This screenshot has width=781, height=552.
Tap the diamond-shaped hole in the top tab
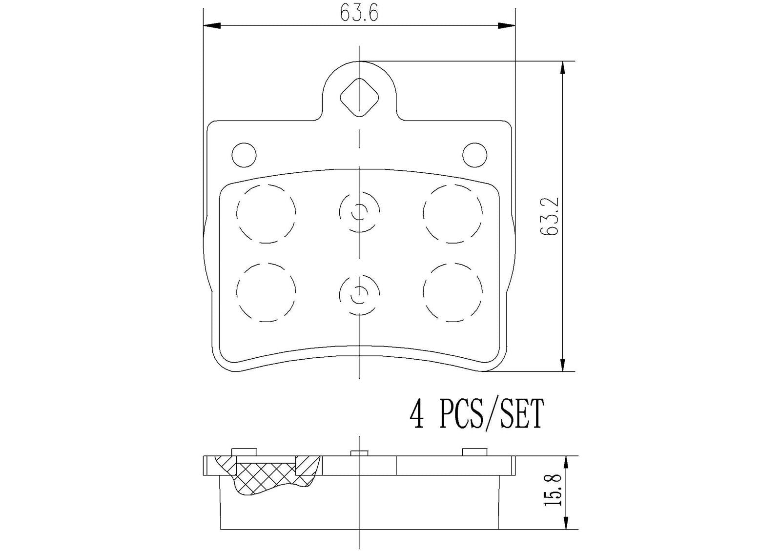[x=359, y=98]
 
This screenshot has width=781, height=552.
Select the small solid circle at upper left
[x=244, y=155]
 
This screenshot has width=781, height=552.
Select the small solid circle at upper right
[x=474, y=155]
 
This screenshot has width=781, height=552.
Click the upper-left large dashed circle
[x=266, y=213]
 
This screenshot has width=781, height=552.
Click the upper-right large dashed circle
[x=453, y=213]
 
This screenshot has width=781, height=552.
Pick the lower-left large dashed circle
[x=266, y=292]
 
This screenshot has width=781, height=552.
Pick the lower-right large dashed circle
[x=453, y=292]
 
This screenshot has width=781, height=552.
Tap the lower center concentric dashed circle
[x=359, y=292]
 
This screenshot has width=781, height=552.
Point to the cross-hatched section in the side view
[x=266, y=476]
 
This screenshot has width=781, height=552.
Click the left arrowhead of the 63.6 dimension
[x=211, y=25]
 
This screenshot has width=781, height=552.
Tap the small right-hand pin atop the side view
[x=475, y=452]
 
